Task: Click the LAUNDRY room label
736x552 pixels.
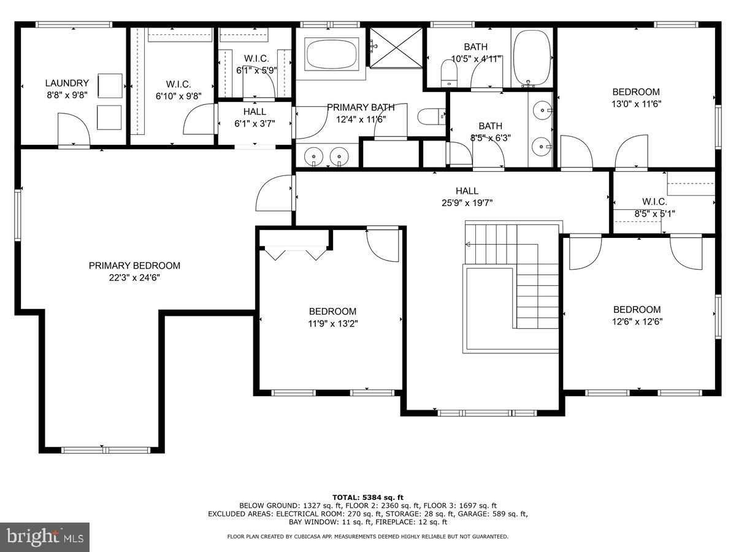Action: (67, 83)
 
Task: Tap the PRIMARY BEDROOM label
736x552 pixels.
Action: (134, 266)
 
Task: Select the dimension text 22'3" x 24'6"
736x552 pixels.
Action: (134, 277)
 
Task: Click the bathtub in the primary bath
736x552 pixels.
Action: (332, 54)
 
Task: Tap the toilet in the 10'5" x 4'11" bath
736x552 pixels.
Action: (450, 72)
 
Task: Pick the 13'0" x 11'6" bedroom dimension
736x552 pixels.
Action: (636, 104)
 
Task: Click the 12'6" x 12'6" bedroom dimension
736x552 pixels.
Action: (637, 321)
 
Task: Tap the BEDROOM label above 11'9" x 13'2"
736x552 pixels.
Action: (332, 312)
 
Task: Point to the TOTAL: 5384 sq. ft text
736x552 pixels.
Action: (367, 497)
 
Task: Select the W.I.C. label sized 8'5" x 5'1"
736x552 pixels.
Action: (654, 202)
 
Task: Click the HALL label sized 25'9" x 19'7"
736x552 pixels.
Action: (467, 191)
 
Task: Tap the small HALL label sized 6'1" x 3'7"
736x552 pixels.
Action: (255, 112)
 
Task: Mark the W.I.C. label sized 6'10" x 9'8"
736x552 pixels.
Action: (178, 84)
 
